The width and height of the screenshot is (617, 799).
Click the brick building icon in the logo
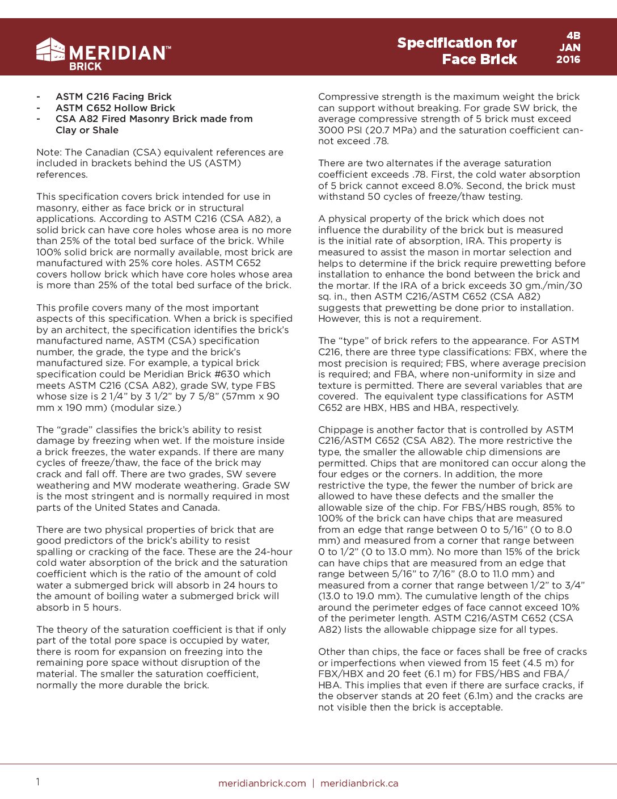(50, 50)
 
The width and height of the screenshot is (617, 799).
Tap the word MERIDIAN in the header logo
(117, 53)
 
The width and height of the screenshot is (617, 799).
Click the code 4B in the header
(573, 35)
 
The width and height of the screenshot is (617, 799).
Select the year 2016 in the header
(568, 60)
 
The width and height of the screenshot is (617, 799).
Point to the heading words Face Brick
(479, 60)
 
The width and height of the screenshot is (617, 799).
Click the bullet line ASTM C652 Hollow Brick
(115, 108)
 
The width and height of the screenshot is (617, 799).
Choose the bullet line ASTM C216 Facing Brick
(113, 96)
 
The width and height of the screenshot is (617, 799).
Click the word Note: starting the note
(49, 152)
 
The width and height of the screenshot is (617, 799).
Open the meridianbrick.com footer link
(262, 783)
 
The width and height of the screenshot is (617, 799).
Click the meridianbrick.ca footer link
(359, 783)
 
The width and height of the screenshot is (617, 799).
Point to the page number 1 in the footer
(38, 782)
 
